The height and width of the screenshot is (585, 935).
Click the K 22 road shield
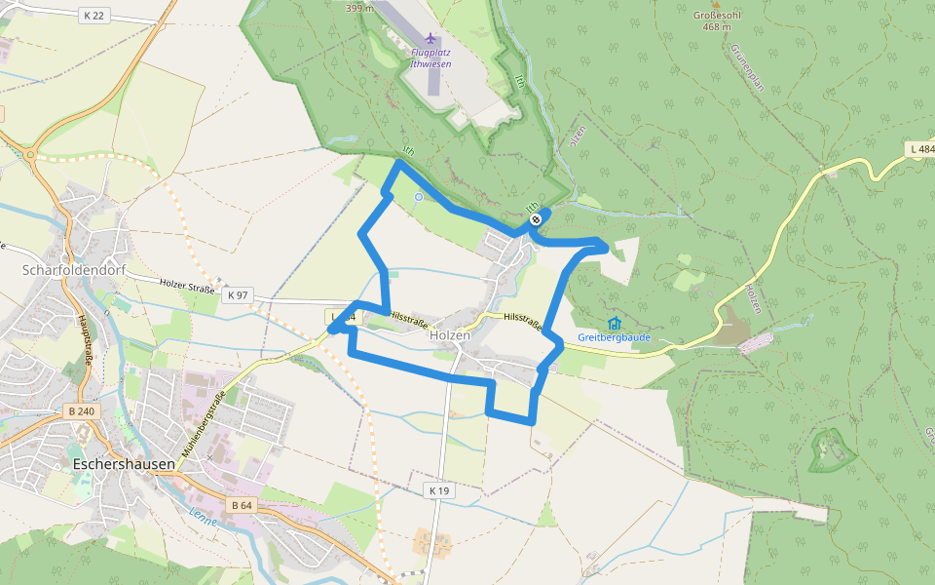pos(93,15)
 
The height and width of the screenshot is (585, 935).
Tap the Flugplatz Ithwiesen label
pos(431,58)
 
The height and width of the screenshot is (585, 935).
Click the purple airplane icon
pos(431,38)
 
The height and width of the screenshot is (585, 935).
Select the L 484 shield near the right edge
pos(919,149)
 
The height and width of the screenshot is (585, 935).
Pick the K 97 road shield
pos(236,294)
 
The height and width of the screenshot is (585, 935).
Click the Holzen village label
pos(450,334)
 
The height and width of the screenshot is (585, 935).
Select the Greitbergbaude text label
pos(614,337)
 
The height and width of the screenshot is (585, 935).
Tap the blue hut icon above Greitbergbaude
pos(614,323)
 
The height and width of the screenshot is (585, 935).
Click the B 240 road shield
pos(82,411)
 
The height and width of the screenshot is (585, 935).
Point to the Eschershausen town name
pos(123,464)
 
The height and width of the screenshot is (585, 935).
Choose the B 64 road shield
pos(242,505)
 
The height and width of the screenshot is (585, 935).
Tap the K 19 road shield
pos(439,490)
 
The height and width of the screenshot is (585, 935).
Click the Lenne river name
pos(203,516)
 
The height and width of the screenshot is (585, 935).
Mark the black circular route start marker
pos(536,219)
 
